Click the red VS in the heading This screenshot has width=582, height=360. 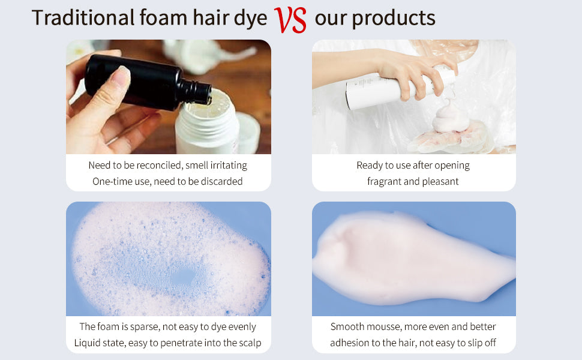pyautogui.click(x=290, y=20)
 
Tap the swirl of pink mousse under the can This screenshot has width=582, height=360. pyautogui.click(x=449, y=118)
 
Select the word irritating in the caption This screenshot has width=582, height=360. pyautogui.click(x=229, y=166)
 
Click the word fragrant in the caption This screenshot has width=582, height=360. pyautogui.click(x=384, y=182)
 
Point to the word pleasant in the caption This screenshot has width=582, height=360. pyautogui.click(x=440, y=181)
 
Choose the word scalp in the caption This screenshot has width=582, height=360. pyautogui.click(x=250, y=343)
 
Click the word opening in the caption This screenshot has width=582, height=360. pyautogui.click(x=452, y=166)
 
